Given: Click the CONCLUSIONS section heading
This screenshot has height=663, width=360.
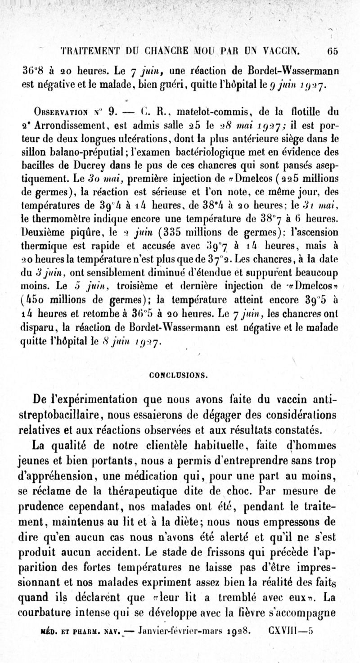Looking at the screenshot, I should click(x=180, y=374).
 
